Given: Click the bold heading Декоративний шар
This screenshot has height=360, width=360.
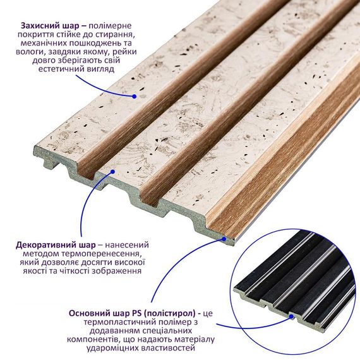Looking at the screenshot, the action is (56, 245).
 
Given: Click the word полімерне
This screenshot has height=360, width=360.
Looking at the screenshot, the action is (110, 27).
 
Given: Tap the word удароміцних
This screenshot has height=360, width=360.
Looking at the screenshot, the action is (112, 348).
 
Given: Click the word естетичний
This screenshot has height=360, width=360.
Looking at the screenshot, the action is (61, 69).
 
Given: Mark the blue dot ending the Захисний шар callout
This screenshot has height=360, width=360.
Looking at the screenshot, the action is (135, 97).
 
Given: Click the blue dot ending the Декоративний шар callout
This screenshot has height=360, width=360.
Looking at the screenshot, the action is (112, 172).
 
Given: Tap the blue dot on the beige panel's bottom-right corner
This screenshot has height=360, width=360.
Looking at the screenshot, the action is (224, 239).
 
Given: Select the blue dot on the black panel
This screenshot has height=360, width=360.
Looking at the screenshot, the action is (291, 317).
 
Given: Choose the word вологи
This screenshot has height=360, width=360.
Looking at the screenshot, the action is (29, 52).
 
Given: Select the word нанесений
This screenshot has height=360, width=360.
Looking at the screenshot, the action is (127, 245).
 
